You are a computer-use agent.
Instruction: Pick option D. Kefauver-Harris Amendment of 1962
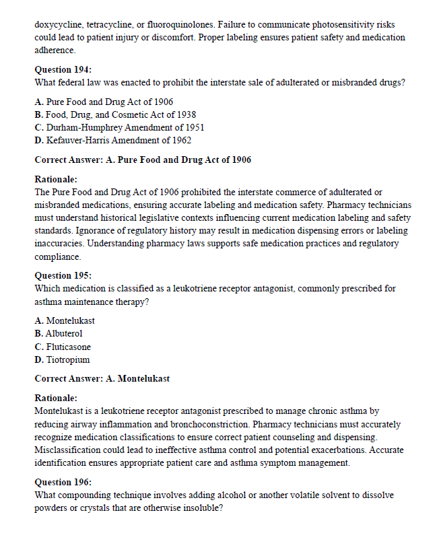(112, 141)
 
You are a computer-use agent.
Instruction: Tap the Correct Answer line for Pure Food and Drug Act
(142, 160)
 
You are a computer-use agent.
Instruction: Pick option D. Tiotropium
(62, 360)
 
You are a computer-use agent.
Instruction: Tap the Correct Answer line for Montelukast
(102, 379)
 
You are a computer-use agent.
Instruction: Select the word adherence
(55, 50)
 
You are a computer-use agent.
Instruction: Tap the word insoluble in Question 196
(197, 508)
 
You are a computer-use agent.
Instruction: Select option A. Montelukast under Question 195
(65, 321)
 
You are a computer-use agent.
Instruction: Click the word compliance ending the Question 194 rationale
(57, 257)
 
